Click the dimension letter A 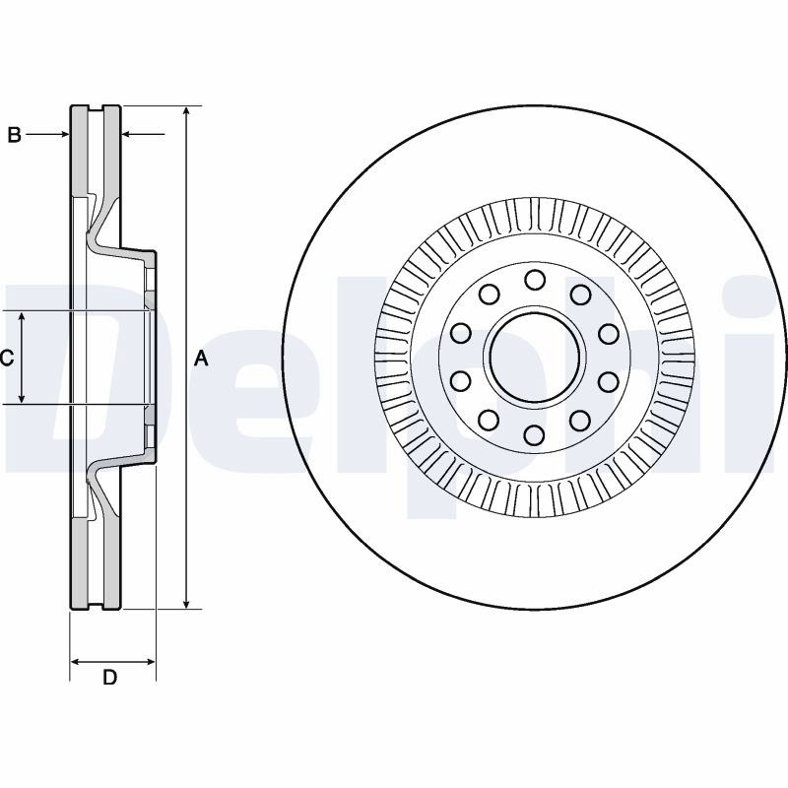(x=201, y=359)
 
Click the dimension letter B (x=15, y=135)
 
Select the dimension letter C (x=7, y=358)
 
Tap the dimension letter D (x=109, y=677)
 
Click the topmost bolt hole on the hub (x=534, y=280)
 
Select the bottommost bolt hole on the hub (x=534, y=435)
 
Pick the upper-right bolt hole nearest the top (x=580, y=295)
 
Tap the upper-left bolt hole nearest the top (x=489, y=295)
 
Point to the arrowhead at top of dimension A (x=186, y=112)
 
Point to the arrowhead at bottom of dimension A (x=186, y=603)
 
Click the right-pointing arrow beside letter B (x=47, y=134)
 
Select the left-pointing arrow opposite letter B (x=143, y=134)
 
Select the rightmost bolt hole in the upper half (x=608, y=334)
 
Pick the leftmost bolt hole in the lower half (x=460, y=381)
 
